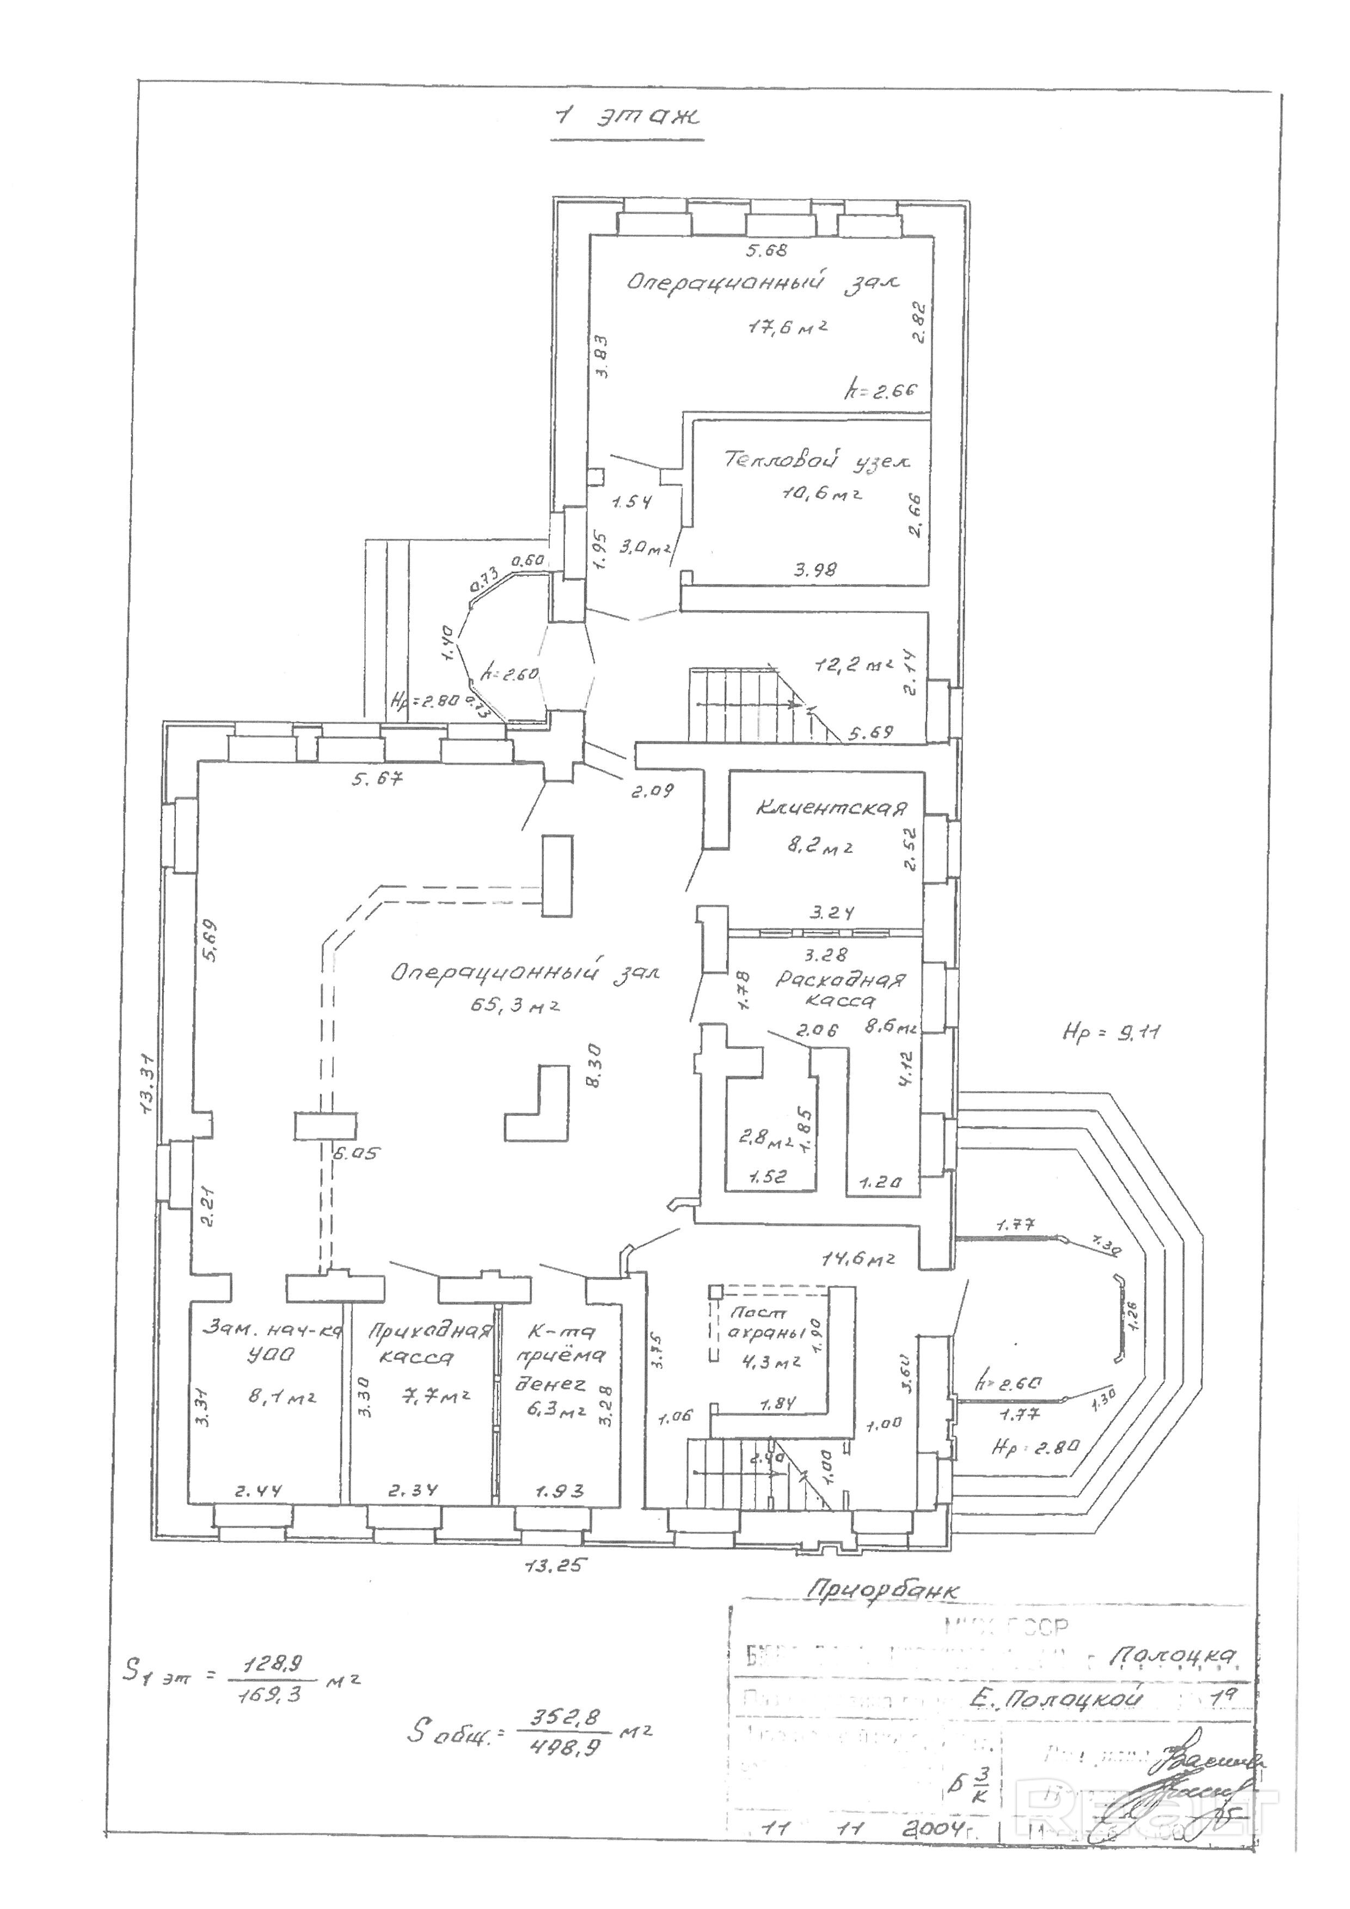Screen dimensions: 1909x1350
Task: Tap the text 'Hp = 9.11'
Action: pos(1112,1034)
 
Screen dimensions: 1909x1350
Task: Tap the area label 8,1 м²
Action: pos(283,1398)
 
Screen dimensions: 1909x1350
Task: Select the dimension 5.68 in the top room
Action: pos(765,249)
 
